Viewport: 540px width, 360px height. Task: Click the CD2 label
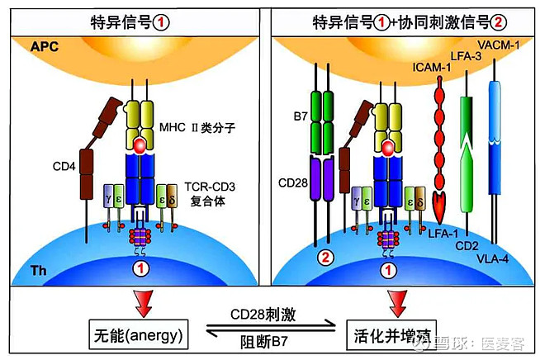click(x=471, y=245)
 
